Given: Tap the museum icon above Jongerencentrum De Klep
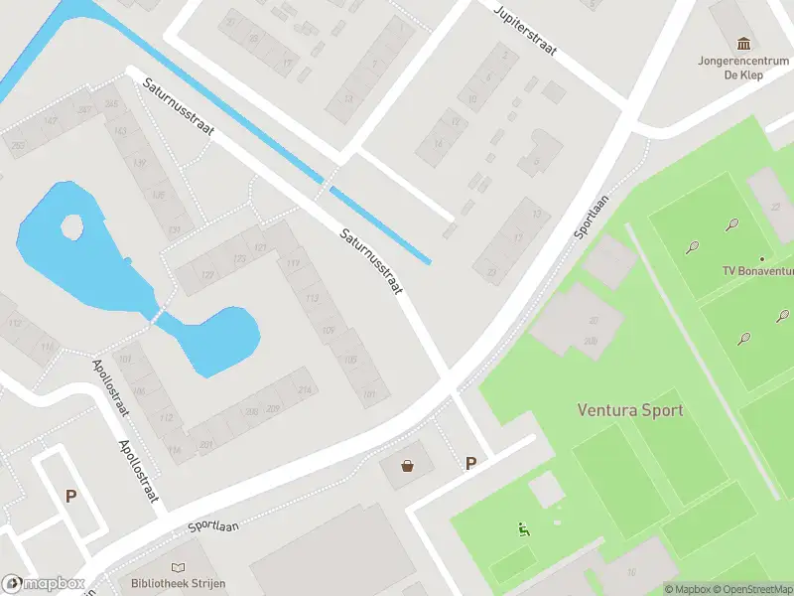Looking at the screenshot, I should coord(742,43).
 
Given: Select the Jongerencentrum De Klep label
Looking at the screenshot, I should coord(742,66).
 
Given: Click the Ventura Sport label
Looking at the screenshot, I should coord(630,409).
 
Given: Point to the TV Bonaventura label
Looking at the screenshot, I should coord(758,270).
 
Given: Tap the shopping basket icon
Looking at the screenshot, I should coord(407,465).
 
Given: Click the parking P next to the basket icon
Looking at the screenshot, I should coord(470,463).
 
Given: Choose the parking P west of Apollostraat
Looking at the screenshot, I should coord(70,496).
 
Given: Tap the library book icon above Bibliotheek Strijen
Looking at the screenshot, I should coord(179,566).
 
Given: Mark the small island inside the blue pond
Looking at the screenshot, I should coord(72,227).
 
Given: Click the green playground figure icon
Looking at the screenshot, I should coord(523,528).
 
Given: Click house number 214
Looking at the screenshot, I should coord(304,389).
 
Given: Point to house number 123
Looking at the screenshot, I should coord(239,259).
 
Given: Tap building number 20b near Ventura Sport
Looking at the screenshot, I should coord(591,341).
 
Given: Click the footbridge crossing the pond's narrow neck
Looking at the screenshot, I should coord(157,317).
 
